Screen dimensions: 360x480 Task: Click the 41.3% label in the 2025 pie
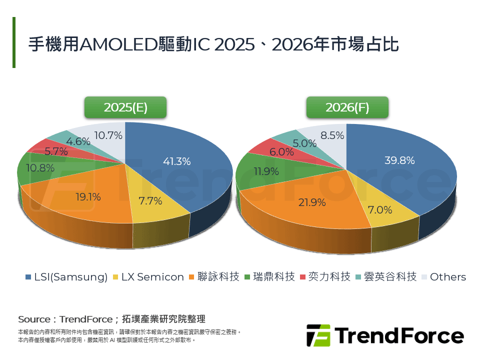coord(176,161)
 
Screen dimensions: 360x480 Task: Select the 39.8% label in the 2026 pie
coord(399,160)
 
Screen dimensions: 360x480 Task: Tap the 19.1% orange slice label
coord(89,197)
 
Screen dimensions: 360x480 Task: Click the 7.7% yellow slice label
coord(150,201)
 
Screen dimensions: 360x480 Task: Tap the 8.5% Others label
coord(332,135)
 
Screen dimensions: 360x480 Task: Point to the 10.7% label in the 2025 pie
coord(108,135)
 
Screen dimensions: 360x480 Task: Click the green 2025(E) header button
coord(125,107)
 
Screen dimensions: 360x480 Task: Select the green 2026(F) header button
coord(347,107)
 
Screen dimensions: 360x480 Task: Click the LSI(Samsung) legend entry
coord(66,277)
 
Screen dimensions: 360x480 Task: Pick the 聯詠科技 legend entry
coord(213,277)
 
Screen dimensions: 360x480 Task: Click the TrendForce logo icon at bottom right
coord(318,335)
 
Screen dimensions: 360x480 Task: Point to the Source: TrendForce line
coord(111,319)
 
